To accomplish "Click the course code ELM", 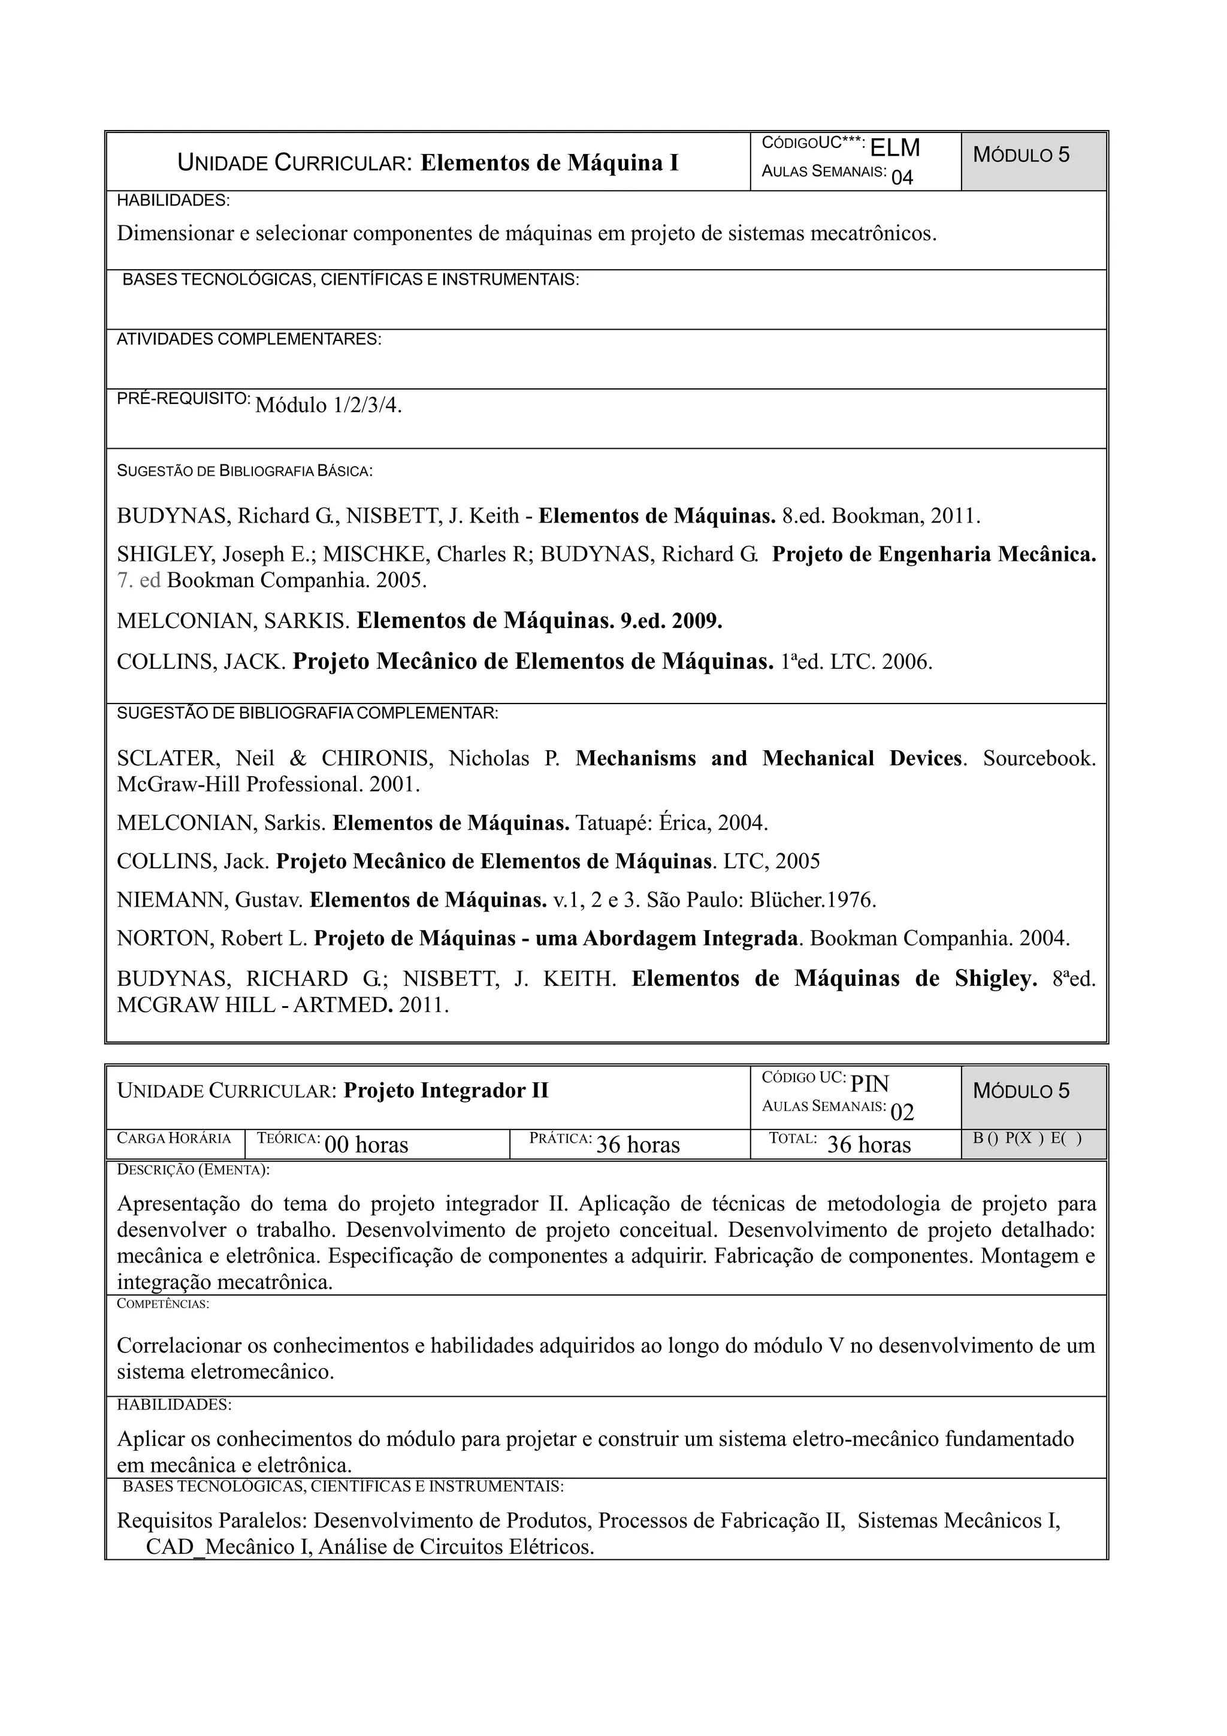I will (895, 147).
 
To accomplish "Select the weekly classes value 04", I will (902, 178).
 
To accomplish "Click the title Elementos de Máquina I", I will (549, 162).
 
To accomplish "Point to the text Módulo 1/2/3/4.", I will (329, 406).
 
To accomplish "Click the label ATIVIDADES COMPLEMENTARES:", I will (249, 340).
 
